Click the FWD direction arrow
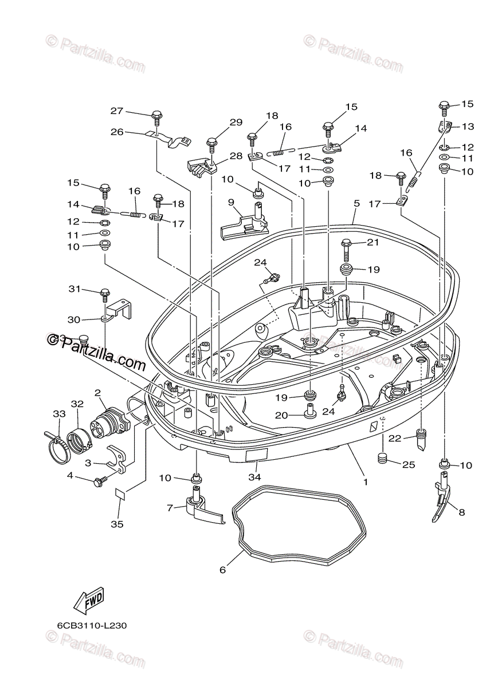pyautogui.click(x=89, y=601)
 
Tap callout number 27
pyautogui.click(x=117, y=111)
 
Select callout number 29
pyautogui.click(x=236, y=122)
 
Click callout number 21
pyautogui.click(x=373, y=243)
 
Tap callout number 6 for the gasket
pyautogui.click(x=223, y=570)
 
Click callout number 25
pyautogui.click(x=408, y=465)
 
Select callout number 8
pyautogui.click(x=462, y=513)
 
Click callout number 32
pyautogui.click(x=77, y=403)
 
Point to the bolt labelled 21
pyautogui.click(x=346, y=247)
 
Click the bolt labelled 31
pyautogui.click(x=105, y=295)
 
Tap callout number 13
pyautogui.click(x=468, y=126)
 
